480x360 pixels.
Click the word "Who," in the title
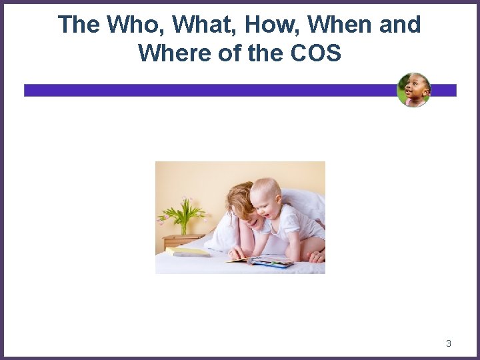133,25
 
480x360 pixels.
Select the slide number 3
448,343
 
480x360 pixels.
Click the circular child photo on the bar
413,90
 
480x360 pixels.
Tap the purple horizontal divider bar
200,90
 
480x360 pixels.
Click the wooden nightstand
181,241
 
